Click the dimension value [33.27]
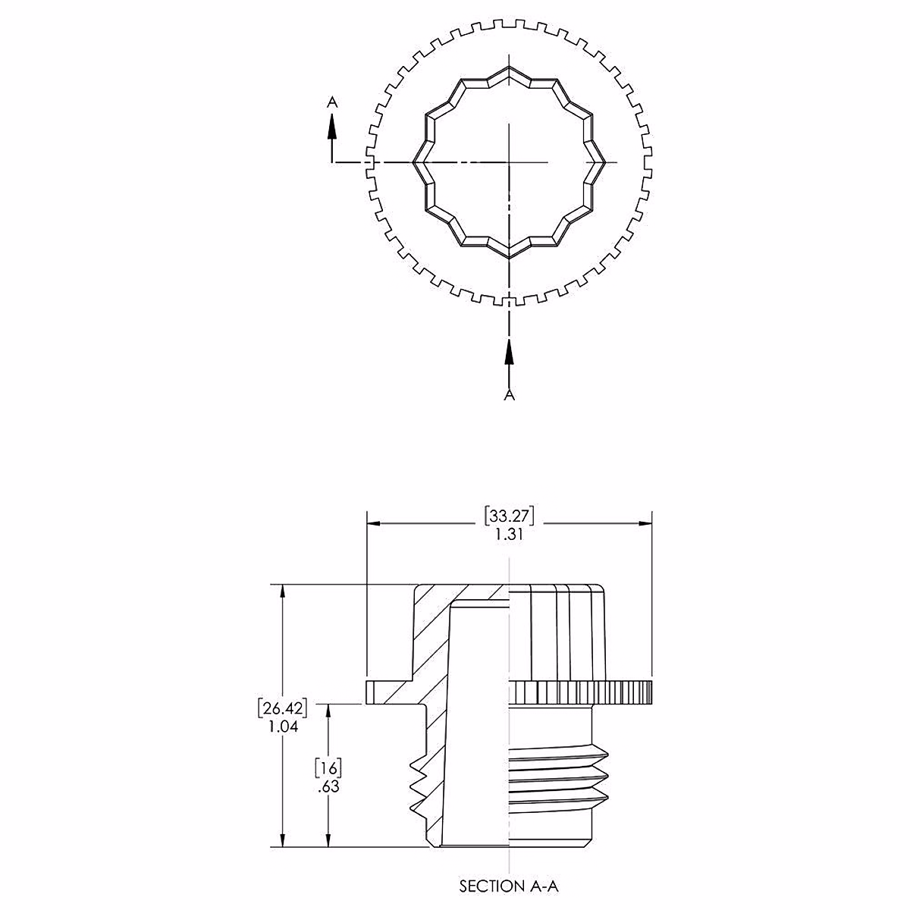pyautogui.click(x=510, y=516)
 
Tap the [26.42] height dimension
pyautogui.click(x=282, y=709)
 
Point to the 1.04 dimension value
pyautogui.click(x=282, y=726)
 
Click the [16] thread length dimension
pyautogui.click(x=328, y=767)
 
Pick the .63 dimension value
pyautogui.click(x=328, y=786)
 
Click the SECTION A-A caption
pyautogui.click(x=510, y=885)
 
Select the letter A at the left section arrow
pyautogui.click(x=331, y=101)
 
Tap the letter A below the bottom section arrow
pyautogui.click(x=510, y=395)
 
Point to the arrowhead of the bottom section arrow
pyautogui.click(x=510, y=350)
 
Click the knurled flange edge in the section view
pyautogui.click(x=580, y=692)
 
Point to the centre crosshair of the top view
pyautogui.click(x=510, y=162)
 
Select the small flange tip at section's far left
pyautogui.click(x=371, y=692)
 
